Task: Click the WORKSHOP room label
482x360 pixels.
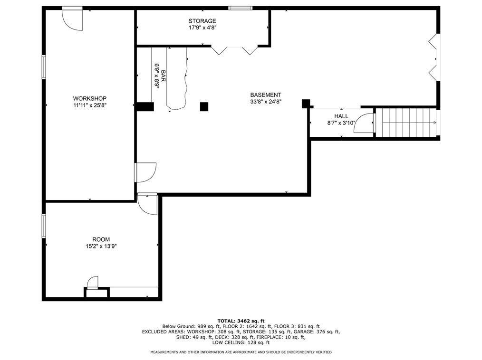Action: [90, 99]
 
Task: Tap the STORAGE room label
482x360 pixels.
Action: [202, 21]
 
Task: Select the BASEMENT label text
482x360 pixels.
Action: [266, 95]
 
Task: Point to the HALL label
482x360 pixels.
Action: [341, 116]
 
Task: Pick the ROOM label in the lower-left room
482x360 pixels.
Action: [101, 239]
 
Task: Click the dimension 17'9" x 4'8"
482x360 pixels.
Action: [202, 28]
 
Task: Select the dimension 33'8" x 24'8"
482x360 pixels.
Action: [266, 102]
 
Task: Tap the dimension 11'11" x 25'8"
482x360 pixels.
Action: [90, 105]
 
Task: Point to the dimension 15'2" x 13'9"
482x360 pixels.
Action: [101, 246]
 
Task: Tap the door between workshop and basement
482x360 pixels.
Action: [146, 172]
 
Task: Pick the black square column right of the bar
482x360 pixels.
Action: [204, 106]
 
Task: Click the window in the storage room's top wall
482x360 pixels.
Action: [241, 8]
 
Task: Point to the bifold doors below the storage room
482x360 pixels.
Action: [234, 50]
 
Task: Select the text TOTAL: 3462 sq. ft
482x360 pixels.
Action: [241, 321]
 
